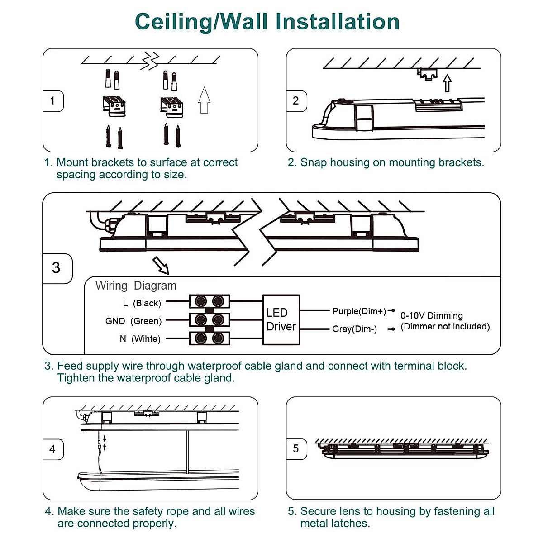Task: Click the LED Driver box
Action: coord(281,319)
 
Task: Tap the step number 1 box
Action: coord(53,101)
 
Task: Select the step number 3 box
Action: coord(57,268)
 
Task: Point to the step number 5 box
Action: coord(296,449)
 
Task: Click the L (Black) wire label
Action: coord(141,303)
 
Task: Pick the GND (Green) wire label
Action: coord(133,321)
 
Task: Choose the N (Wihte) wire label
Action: coord(140,338)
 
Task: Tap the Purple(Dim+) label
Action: coord(359,311)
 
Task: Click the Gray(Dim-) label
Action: coord(354,329)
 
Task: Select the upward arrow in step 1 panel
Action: coord(205,100)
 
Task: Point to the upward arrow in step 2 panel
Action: coord(447,83)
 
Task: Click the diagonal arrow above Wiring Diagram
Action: coord(161,265)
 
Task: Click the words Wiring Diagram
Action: coord(136,286)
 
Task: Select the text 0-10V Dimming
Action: coord(431,315)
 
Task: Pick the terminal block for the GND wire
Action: coord(209,320)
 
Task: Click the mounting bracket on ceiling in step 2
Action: coord(427,73)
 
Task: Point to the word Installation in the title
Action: coord(337,22)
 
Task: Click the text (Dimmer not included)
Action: coord(445,327)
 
